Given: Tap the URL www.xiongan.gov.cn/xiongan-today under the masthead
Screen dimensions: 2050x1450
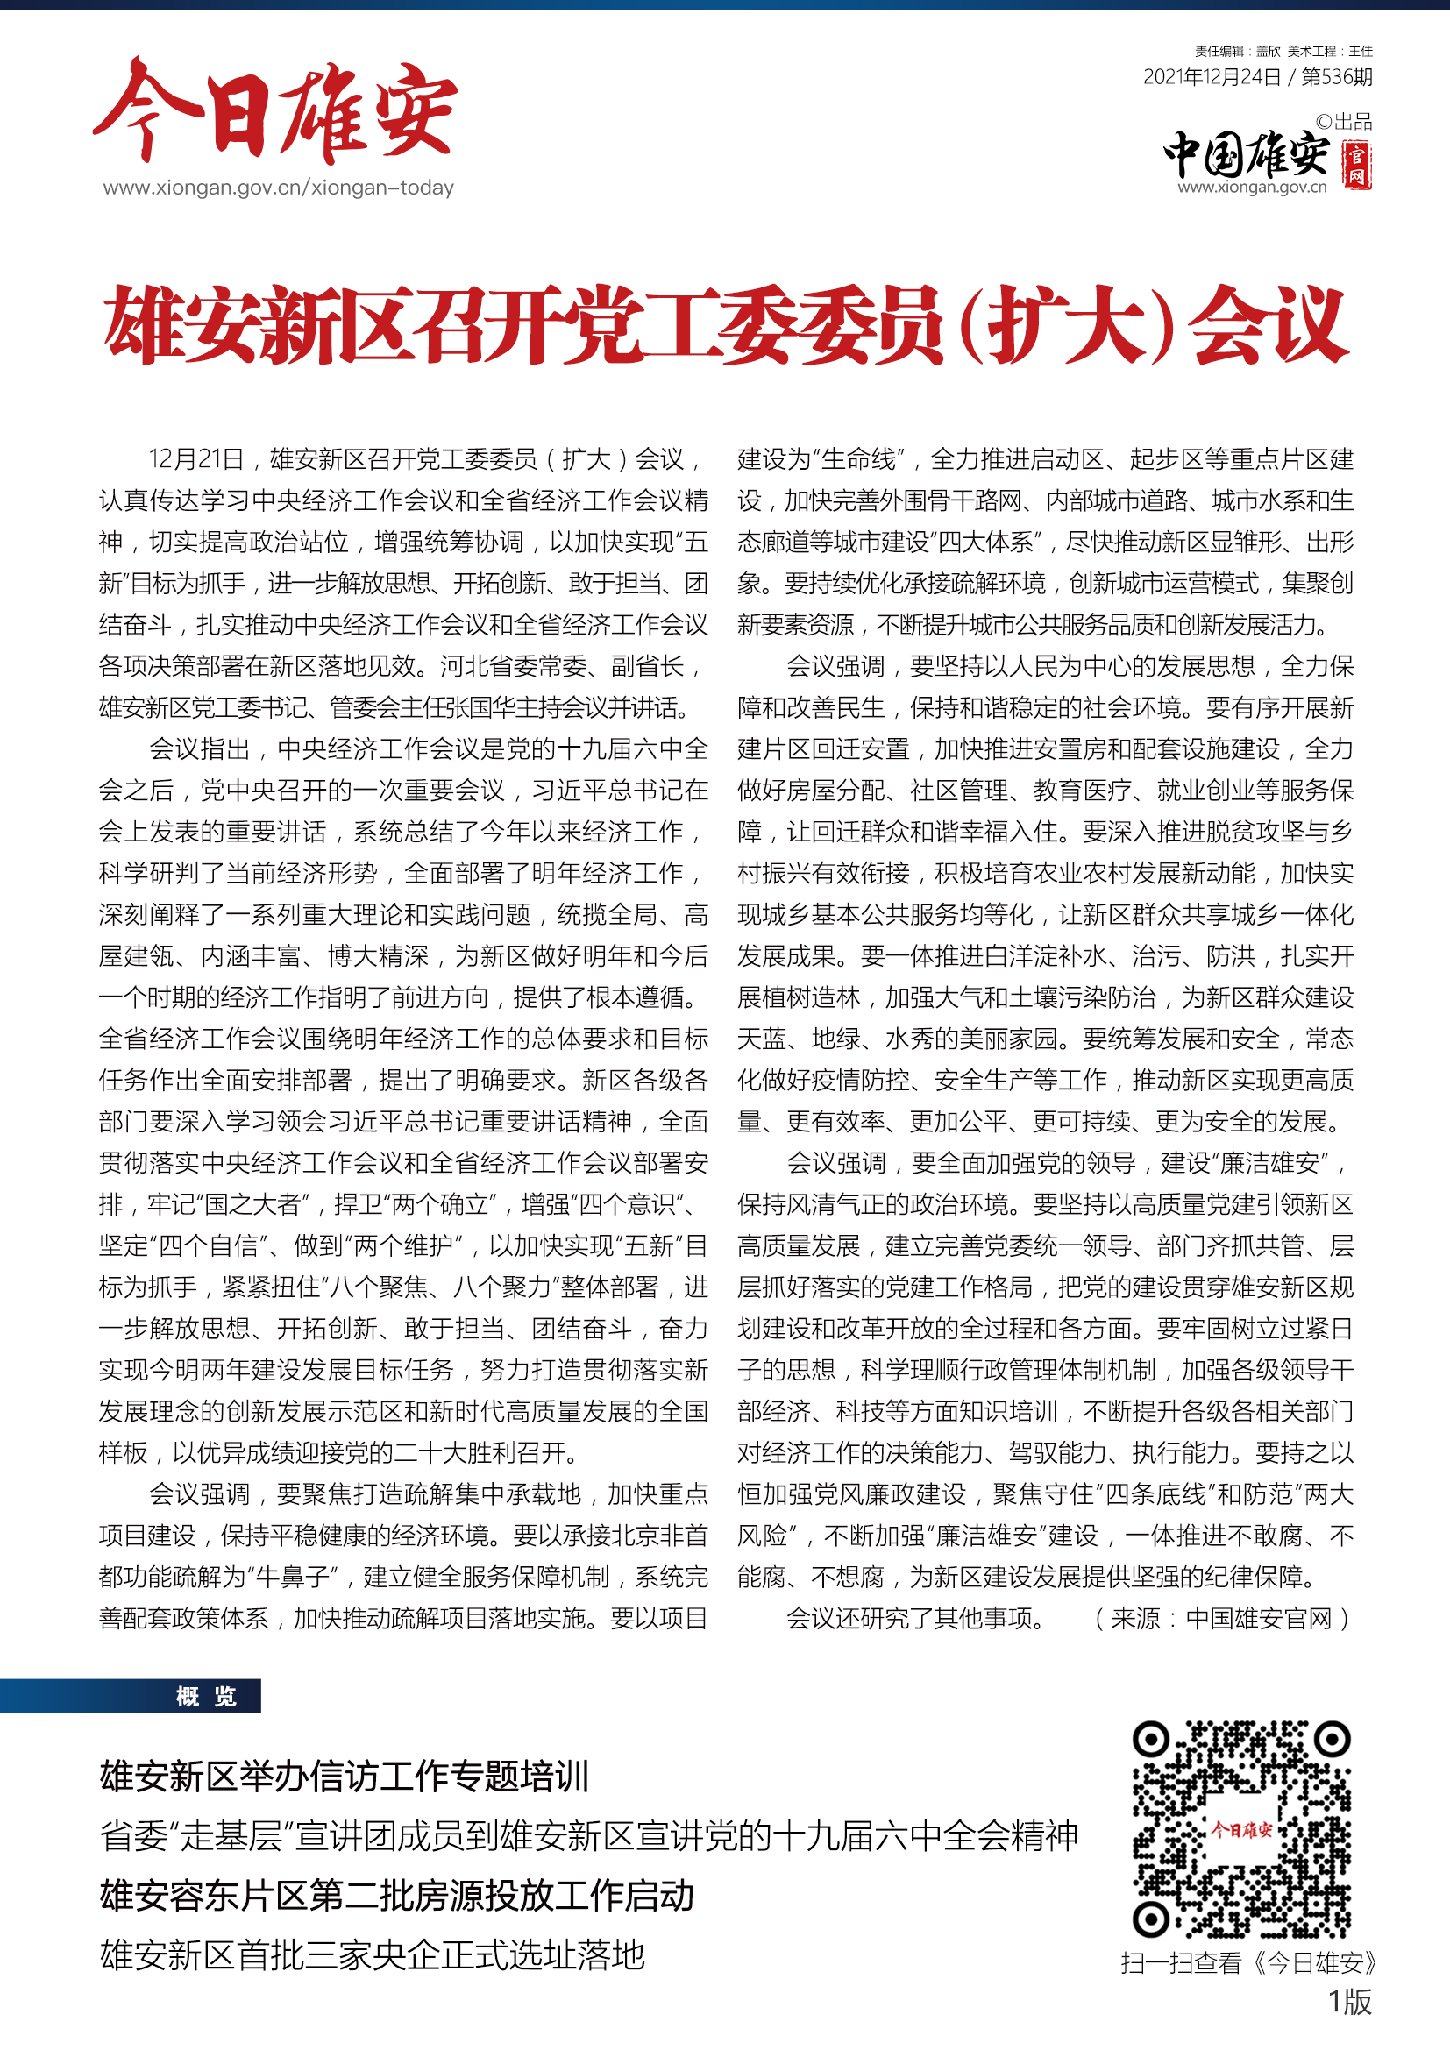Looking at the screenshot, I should (x=279, y=188).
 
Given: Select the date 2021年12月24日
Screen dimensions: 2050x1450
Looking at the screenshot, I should (x=1212, y=78).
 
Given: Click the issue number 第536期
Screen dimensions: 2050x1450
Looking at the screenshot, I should (x=1337, y=78).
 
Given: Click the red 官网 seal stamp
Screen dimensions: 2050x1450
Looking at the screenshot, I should (x=1357, y=165).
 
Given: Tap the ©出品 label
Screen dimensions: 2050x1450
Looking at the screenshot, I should (x=1344, y=123).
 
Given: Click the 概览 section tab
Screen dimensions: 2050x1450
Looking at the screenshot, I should (x=206, y=1697).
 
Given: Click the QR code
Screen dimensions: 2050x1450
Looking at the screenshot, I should (x=1241, y=1829).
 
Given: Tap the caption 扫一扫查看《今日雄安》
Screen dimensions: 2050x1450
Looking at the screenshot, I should (x=1248, y=1963).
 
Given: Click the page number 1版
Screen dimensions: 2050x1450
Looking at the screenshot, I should (x=1349, y=2003).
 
